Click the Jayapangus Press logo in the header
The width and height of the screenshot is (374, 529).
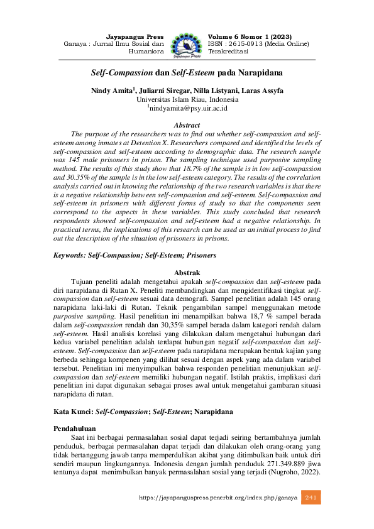coord(186,45)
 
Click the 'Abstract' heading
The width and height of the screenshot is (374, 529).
coord(187,126)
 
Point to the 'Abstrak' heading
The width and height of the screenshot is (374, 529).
coord(187,273)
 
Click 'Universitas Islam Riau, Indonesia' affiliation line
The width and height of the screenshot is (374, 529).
coord(187,99)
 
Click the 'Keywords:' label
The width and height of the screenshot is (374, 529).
coord(73,256)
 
